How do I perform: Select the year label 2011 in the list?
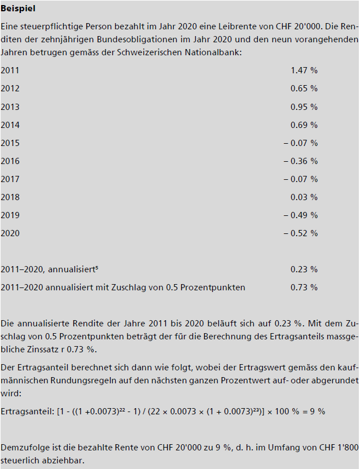click(x=10, y=70)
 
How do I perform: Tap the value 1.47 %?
click(x=304, y=70)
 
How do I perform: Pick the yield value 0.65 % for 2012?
click(x=304, y=89)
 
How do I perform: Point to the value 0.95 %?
click(x=304, y=107)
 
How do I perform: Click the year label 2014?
click(x=10, y=125)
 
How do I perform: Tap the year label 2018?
click(x=10, y=197)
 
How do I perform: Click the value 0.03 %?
click(x=304, y=197)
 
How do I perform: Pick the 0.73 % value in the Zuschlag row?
click(x=304, y=287)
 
